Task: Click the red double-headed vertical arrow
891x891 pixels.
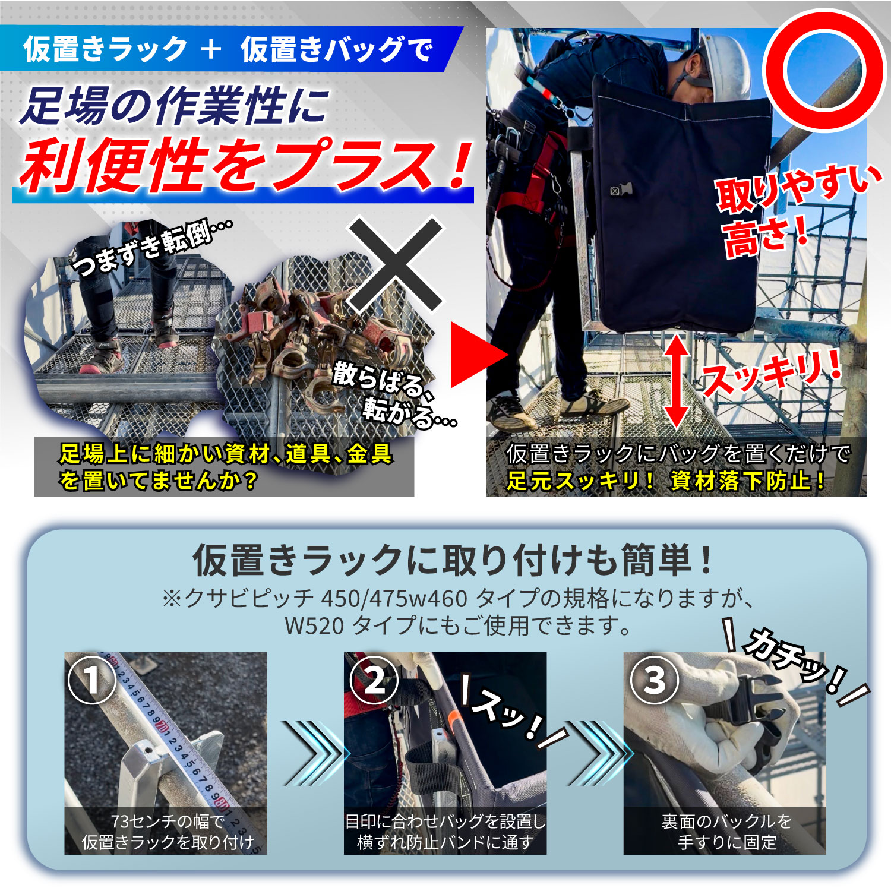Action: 676,381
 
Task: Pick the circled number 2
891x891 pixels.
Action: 374,680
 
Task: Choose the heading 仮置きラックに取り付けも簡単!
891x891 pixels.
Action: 453,560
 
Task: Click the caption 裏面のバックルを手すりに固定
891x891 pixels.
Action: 726,832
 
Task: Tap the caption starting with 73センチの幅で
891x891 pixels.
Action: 168,832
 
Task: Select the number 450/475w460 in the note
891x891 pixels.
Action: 394,598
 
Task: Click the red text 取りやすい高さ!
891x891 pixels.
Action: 796,211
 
